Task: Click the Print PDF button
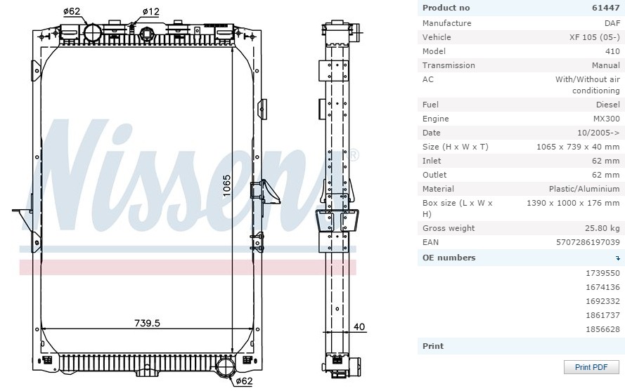(x=591, y=367)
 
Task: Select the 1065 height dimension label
(x=226, y=185)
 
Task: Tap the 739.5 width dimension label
(x=147, y=323)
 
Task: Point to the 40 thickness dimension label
(x=359, y=327)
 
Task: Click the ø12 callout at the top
(x=151, y=11)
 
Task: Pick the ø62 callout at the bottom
(x=244, y=381)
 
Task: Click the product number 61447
(x=606, y=8)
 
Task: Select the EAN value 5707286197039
(x=588, y=242)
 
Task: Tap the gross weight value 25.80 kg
(x=603, y=228)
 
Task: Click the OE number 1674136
(x=603, y=287)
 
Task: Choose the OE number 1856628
(x=603, y=329)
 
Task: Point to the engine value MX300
(x=606, y=119)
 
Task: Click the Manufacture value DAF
(x=612, y=23)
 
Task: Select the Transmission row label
(x=449, y=65)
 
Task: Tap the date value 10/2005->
(x=598, y=133)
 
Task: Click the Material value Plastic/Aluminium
(x=584, y=189)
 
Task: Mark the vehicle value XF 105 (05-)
(x=594, y=37)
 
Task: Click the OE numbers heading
(x=449, y=258)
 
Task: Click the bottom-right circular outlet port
(x=226, y=366)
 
